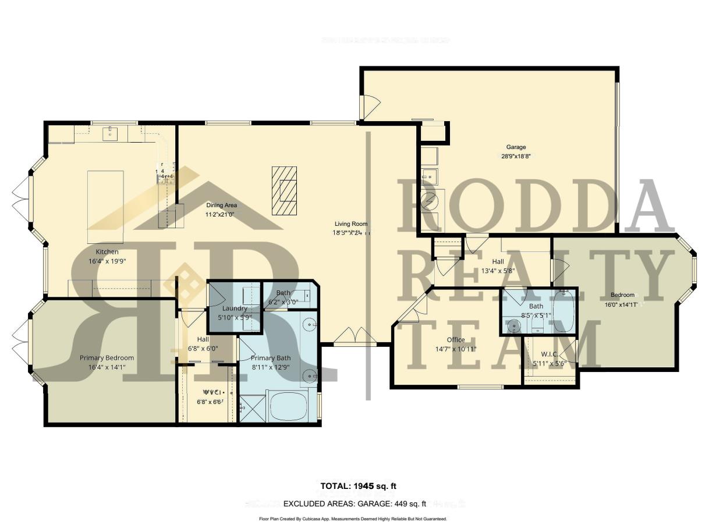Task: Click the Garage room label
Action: [x=516, y=147]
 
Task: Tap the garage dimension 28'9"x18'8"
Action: [x=516, y=156]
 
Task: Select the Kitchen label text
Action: [x=107, y=251]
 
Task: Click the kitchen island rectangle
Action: [x=105, y=207]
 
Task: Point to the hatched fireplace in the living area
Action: [x=283, y=191]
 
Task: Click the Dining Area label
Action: [x=221, y=205]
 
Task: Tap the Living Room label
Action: [x=351, y=224]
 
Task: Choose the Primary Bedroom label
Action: [x=107, y=358]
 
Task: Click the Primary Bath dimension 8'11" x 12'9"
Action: [x=270, y=367]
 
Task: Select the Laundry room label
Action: [x=235, y=308]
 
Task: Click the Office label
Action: [x=456, y=340]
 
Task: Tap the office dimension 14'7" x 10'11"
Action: [x=456, y=349]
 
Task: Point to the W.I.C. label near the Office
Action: [x=550, y=354]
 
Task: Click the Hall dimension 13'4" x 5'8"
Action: [x=498, y=271]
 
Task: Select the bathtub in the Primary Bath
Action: [x=292, y=406]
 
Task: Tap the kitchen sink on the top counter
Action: [x=111, y=134]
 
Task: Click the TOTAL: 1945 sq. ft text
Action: [x=359, y=486]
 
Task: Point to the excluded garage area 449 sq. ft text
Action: [x=354, y=504]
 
